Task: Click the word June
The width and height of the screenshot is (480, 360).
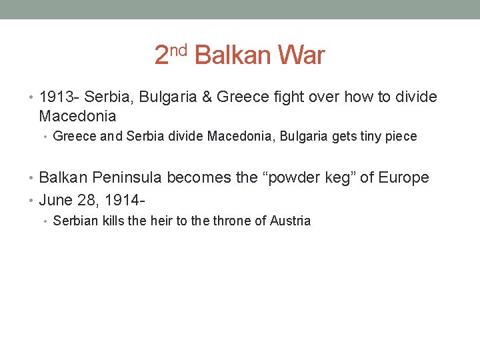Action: [55, 199]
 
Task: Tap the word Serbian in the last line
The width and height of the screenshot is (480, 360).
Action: [74, 221]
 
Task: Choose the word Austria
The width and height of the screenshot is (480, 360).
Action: [290, 221]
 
